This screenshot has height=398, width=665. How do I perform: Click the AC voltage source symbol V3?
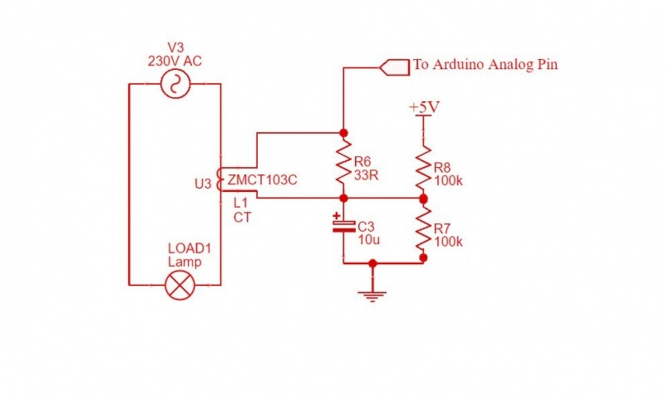point(175,83)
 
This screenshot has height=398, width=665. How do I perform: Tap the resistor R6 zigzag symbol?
point(343,165)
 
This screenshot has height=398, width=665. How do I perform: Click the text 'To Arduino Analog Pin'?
point(485,65)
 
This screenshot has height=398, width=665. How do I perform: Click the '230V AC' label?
point(175,61)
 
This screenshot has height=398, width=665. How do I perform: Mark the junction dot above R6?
point(343,132)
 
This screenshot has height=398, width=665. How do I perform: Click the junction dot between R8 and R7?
point(423,199)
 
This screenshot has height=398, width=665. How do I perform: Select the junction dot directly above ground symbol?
point(373,263)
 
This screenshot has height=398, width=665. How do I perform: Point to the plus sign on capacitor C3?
point(336,216)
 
